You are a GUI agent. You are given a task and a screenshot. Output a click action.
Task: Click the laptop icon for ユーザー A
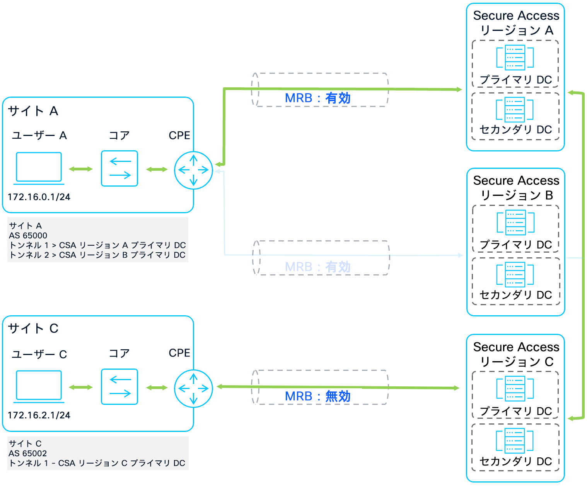pyautogui.click(x=39, y=168)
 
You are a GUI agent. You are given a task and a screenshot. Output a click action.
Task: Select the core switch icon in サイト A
pyautogui.click(x=119, y=168)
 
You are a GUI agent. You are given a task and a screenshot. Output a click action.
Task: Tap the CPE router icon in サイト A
pyautogui.click(x=193, y=170)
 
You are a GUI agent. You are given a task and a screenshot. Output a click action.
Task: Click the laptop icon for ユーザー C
pyautogui.click(x=39, y=386)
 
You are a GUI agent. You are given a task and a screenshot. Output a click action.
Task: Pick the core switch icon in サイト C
pyautogui.click(x=119, y=387)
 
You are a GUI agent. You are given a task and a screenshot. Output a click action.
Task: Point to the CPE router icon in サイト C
pyautogui.click(x=193, y=388)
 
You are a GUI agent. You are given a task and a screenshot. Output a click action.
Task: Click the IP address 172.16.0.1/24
pyautogui.click(x=39, y=197)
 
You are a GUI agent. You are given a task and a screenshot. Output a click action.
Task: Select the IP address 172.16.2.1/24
pyautogui.click(x=39, y=415)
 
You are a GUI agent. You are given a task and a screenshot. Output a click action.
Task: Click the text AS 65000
pyautogui.click(x=28, y=236)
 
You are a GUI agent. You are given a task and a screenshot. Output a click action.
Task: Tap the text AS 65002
pyautogui.click(x=28, y=454)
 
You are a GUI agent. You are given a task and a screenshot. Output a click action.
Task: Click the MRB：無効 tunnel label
pyautogui.click(x=317, y=396)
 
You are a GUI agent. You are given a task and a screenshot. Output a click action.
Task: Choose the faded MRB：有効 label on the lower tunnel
pyautogui.click(x=317, y=267)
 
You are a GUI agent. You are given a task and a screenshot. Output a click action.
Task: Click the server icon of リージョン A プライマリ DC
pyautogui.click(x=515, y=58)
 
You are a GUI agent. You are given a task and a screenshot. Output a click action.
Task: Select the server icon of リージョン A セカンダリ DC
pyautogui.click(x=515, y=110)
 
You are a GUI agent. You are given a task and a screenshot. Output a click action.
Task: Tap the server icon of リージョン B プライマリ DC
pyautogui.click(x=515, y=223)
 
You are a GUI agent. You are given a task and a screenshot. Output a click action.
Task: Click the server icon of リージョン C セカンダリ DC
pyautogui.click(x=515, y=440)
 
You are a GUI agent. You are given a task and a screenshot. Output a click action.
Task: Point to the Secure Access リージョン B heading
pyautogui.click(x=516, y=188)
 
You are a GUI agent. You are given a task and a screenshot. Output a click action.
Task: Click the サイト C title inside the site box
pyautogui.click(x=33, y=328)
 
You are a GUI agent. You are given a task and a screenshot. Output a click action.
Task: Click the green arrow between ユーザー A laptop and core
pyautogui.click(x=81, y=169)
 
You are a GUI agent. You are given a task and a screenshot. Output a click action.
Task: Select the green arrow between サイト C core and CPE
pyautogui.click(x=157, y=387)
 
